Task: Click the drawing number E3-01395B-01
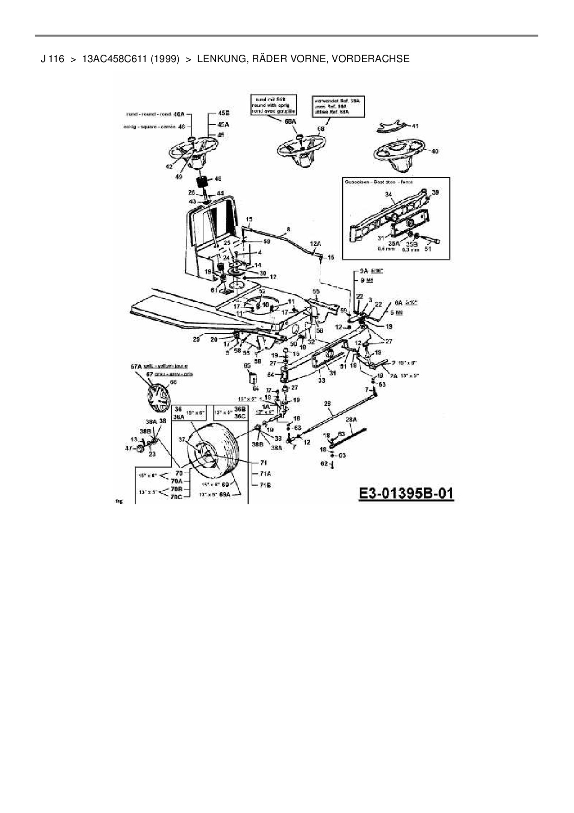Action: [x=406, y=493]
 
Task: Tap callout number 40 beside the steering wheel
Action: [x=435, y=151]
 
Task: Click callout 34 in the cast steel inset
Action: [x=388, y=195]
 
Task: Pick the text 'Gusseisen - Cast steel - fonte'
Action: [x=379, y=182]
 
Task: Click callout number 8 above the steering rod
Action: [x=288, y=229]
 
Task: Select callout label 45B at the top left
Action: [x=224, y=113]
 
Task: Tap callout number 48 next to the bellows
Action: [x=218, y=178]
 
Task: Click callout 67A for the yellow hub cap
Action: [x=136, y=366]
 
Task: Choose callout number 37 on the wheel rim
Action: [x=182, y=439]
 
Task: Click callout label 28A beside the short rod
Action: [x=351, y=419]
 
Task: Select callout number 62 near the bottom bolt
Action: [x=324, y=464]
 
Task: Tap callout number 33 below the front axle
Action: [x=321, y=380]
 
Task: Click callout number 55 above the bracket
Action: [x=316, y=292]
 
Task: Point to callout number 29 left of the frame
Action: [x=196, y=339]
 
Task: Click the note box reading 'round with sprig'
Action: [x=273, y=105]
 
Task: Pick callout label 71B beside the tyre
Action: [x=266, y=485]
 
